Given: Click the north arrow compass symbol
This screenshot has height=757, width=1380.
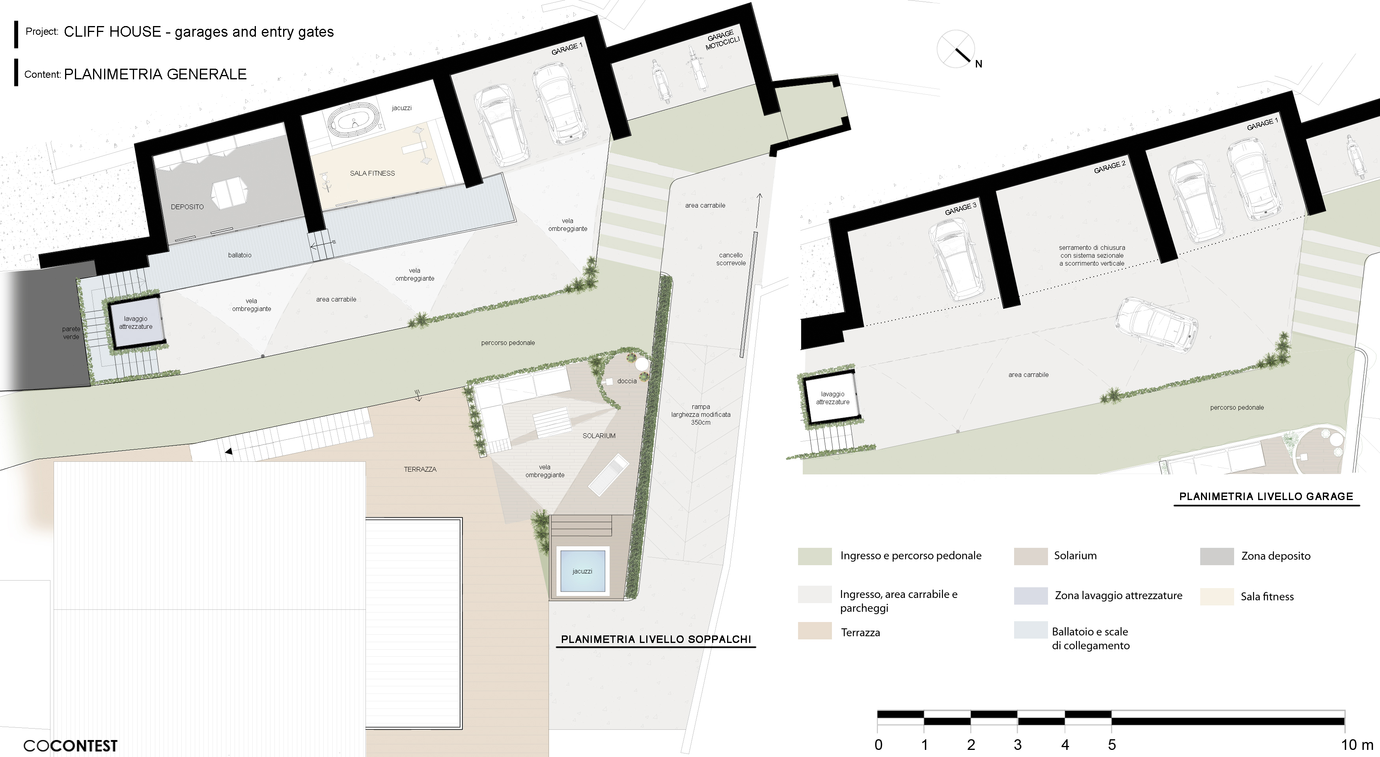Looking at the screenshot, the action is tap(956, 49).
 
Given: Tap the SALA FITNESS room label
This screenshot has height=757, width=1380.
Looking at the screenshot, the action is tap(372, 173).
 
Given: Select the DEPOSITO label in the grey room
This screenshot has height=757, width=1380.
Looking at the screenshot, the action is tap(187, 206).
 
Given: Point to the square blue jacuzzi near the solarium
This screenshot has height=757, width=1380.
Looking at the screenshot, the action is tap(582, 571).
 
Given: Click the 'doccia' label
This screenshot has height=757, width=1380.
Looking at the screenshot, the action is tap(627, 381).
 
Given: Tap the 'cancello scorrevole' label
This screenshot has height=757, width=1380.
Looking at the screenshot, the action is tap(731, 259).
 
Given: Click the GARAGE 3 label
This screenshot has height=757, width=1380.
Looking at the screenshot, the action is tap(960, 208).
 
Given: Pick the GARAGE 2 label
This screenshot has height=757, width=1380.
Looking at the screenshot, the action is tap(1110, 167).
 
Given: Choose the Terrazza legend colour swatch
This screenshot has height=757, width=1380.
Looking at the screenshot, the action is tap(814, 630).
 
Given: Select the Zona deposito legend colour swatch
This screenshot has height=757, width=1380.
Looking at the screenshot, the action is tap(1217, 556).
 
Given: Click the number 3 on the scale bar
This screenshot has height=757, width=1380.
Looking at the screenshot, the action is tap(1017, 745).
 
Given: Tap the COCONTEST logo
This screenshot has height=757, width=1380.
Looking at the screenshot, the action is tap(70, 746).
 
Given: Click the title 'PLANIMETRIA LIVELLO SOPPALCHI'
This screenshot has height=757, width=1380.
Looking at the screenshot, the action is tap(656, 639).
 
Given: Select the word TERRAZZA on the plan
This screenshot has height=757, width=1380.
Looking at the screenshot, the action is tap(420, 469).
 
